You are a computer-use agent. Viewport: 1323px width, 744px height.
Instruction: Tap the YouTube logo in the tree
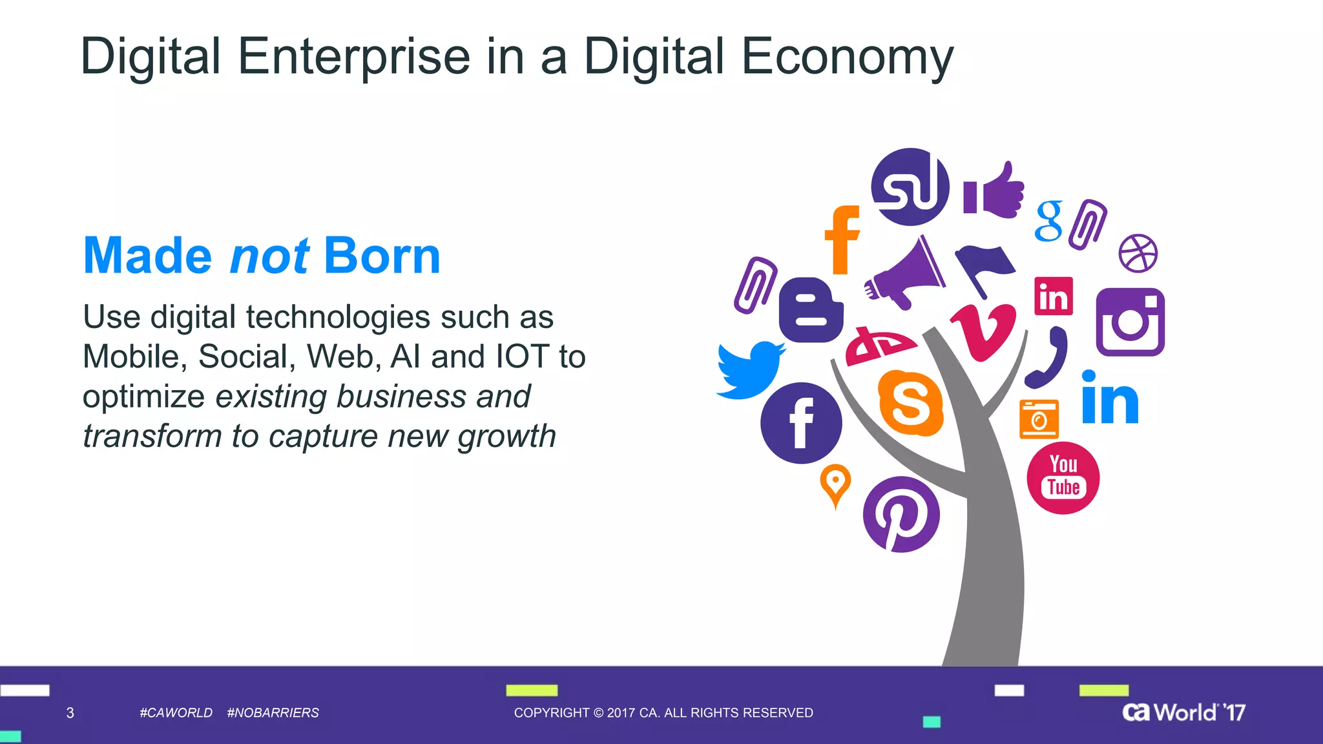(x=1063, y=478)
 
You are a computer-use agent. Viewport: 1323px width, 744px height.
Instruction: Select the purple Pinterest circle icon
(x=901, y=515)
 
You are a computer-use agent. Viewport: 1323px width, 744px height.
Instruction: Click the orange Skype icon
(x=911, y=403)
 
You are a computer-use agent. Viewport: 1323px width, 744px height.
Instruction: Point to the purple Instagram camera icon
(x=1130, y=322)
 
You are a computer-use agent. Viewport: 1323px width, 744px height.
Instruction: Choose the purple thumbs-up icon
(x=995, y=191)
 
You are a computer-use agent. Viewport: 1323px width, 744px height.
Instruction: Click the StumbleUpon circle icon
(x=910, y=187)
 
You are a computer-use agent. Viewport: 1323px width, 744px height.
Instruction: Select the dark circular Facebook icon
(x=801, y=423)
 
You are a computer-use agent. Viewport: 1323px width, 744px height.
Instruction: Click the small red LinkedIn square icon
(x=1053, y=296)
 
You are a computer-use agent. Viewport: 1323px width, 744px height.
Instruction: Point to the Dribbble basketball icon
(x=1138, y=253)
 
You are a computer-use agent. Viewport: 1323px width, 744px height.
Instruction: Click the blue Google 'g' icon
(x=1048, y=221)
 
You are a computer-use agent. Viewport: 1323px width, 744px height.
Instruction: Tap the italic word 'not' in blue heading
(x=269, y=256)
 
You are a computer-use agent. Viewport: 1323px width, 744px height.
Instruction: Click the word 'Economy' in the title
(x=847, y=57)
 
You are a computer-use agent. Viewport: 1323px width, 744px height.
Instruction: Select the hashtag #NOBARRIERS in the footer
(x=273, y=712)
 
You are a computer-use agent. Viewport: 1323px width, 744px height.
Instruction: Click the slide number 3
(x=70, y=712)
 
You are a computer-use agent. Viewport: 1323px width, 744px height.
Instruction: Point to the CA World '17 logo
(x=1183, y=712)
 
